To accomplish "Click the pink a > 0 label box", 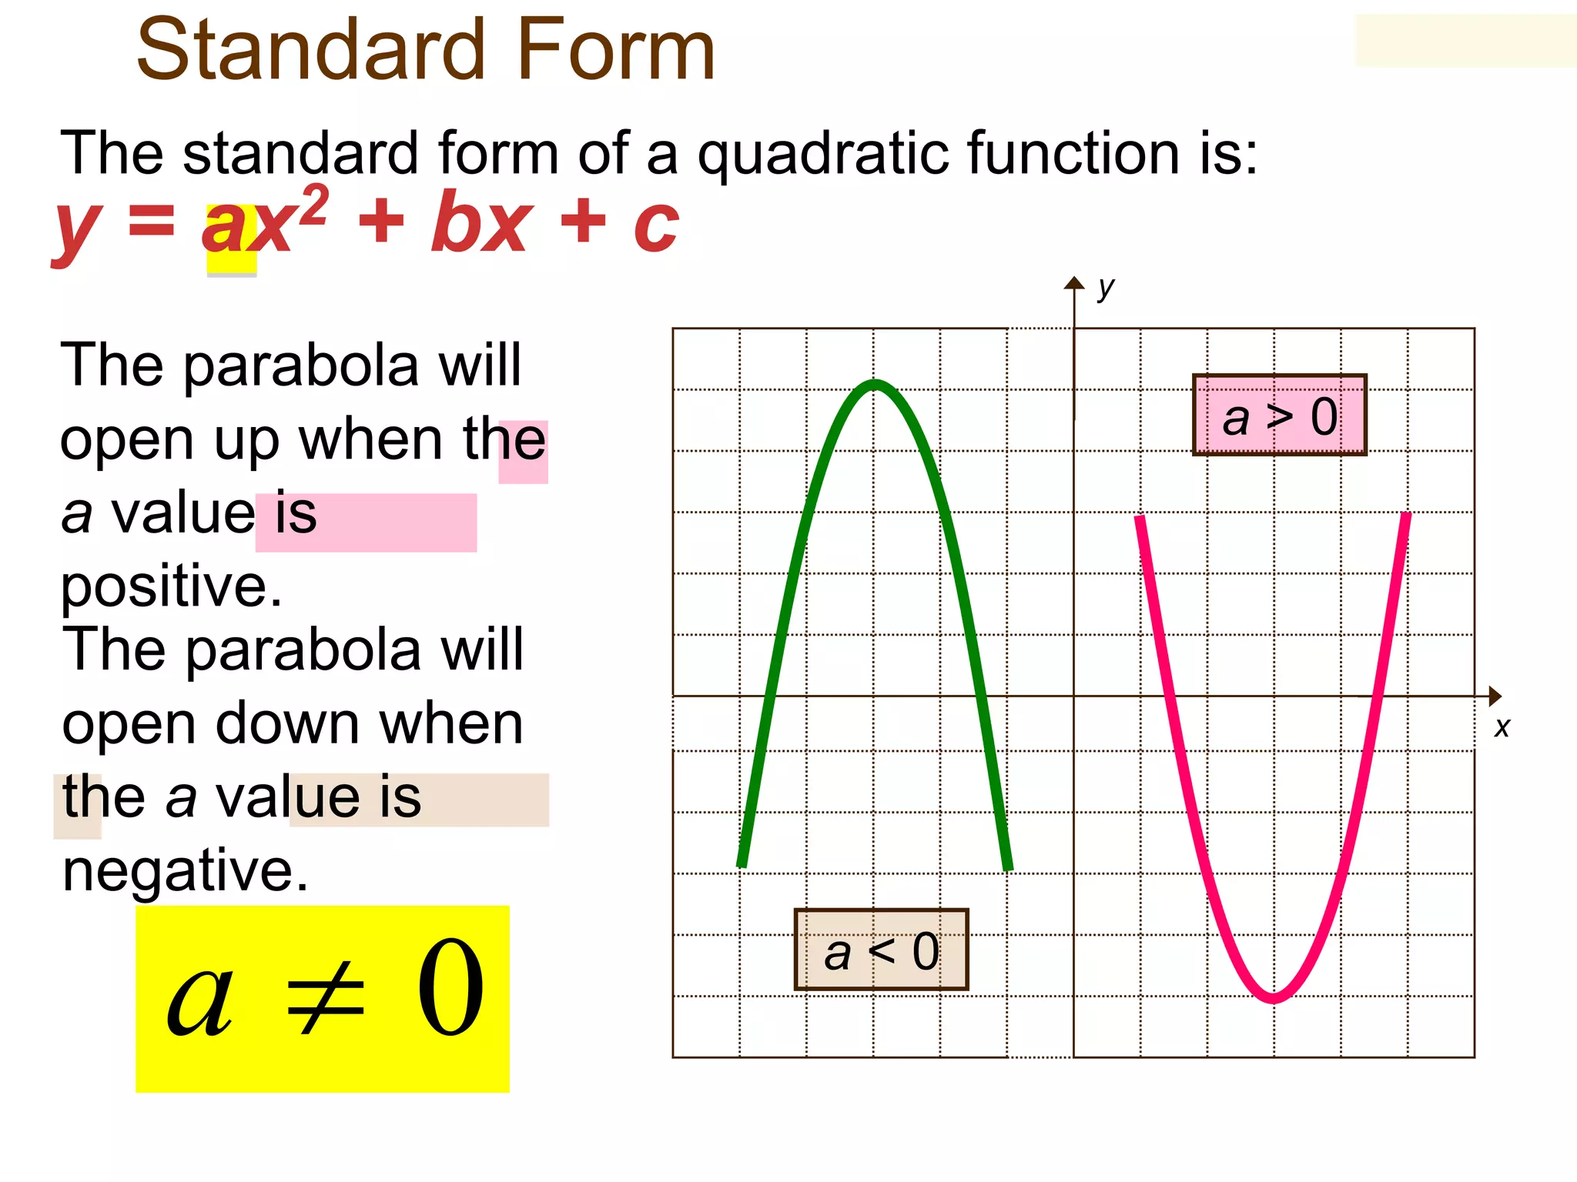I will tap(1279, 416).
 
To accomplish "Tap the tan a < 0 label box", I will tap(881, 950).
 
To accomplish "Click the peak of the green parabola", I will tap(876, 384).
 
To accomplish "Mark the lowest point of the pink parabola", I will tap(1273, 998).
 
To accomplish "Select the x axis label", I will tap(1502, 727).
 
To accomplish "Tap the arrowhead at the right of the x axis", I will tap(1495, 696).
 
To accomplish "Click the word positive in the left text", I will tap(171, 586).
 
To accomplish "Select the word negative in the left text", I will tap(185, 870).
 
